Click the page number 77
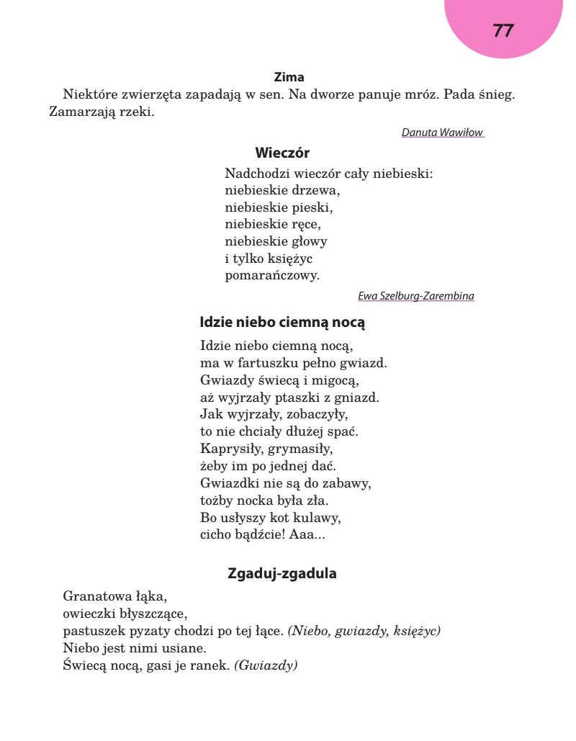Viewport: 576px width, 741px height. tap(503, 31)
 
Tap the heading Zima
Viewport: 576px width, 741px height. tap(289, 77)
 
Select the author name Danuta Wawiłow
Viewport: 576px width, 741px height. tap(442, 133)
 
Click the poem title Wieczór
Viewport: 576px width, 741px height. tap(282, 153)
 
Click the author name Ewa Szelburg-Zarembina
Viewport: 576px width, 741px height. tap(416, 296)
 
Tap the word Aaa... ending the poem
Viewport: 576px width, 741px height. tap(310, 535)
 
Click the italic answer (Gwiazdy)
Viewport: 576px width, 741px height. tap(266, 665)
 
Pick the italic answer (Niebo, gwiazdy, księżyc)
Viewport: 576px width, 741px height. tap(364, 631)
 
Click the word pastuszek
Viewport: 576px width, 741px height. tap(91, 631)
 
